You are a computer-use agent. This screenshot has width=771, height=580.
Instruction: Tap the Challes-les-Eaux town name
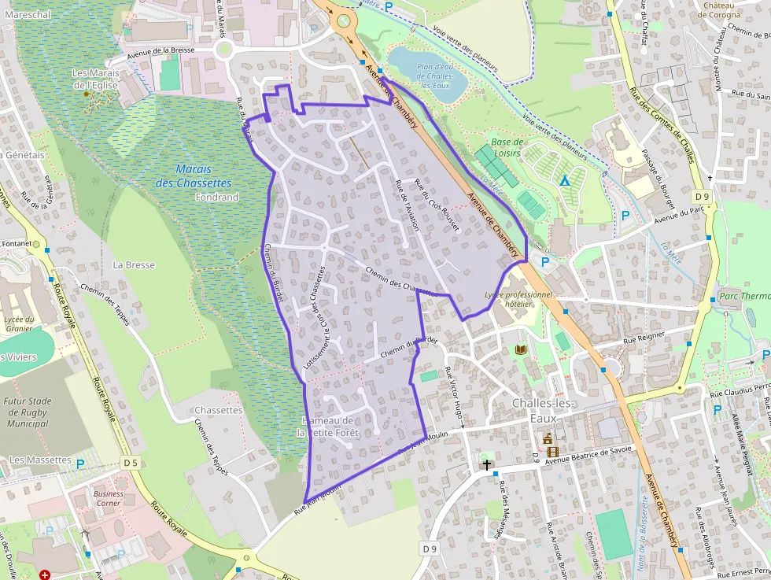coord(544,411)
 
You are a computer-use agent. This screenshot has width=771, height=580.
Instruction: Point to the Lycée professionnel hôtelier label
coord(518,299)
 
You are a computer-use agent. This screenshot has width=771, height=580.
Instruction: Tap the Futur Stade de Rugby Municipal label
coord(27,412)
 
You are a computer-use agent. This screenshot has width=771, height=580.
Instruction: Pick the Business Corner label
coord(108,498)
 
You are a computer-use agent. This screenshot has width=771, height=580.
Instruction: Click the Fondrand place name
coord(216,198)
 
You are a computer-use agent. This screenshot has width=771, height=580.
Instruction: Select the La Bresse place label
coord(134,265)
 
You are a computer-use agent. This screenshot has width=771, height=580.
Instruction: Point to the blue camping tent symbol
coord(564,179)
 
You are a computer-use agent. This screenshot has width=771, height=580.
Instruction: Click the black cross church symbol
coord(487,465)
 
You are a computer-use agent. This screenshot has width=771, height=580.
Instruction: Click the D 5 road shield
coord(130,463)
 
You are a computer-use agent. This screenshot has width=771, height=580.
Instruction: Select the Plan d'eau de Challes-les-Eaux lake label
coord(437,76)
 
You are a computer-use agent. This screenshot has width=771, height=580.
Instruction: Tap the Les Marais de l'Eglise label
coord(95,79)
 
